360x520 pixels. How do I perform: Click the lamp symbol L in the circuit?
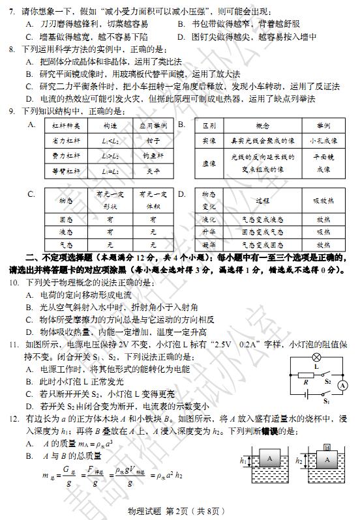pos(317,358)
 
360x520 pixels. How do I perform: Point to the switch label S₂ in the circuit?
pos(327,382)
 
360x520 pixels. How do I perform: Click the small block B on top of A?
pos(326,447)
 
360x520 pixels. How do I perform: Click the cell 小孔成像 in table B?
pos(323,140)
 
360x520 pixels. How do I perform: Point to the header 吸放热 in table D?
pos(323,199)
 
